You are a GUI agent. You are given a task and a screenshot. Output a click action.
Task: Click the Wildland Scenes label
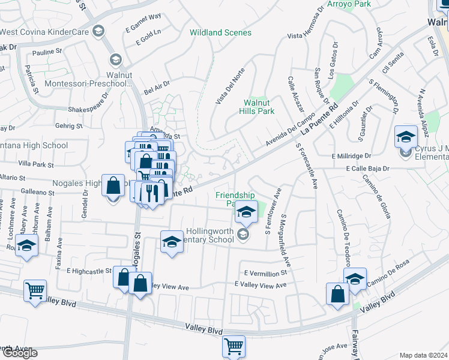220,32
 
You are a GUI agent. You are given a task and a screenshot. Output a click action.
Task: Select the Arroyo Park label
349,4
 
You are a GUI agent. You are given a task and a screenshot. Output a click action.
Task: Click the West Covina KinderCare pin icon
98,32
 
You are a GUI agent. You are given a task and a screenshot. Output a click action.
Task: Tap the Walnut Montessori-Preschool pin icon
115,59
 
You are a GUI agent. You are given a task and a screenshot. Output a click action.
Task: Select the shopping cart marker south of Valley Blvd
233,346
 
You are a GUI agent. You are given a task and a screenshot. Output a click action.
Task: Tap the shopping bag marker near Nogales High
113,186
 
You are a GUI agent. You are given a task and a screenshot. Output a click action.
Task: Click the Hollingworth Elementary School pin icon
243,235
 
